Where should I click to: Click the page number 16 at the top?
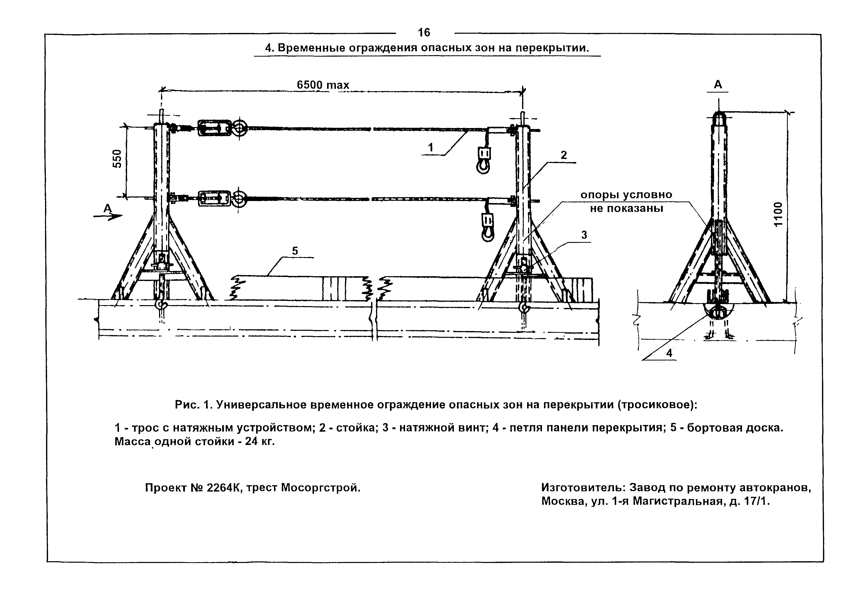[x=424, y=33]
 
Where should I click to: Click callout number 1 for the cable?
[x=431, y=148]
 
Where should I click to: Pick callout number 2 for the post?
[x=564, y=155]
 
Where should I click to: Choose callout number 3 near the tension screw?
[x=584, y=235]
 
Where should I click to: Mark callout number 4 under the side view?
[x=669, y=353]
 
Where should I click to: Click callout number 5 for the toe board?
[x=295, y=251]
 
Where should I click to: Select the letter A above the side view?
[x=718, y=85]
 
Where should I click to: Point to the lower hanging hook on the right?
[x=488, y=229]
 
